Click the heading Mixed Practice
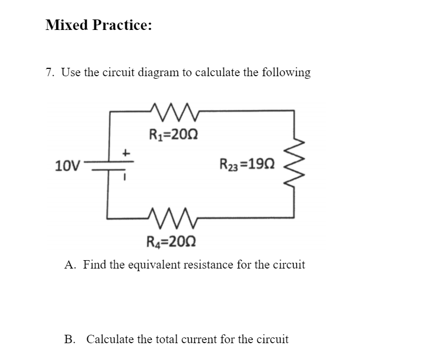99,25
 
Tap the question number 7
49,73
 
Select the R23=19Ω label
246,167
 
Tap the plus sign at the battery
126,153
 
